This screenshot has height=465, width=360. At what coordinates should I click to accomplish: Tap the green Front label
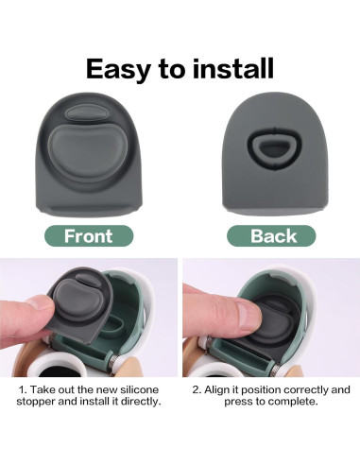pyautogui.click(x=88, y=236)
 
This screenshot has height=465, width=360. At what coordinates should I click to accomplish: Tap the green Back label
pyautogui.click(x=273, y=236)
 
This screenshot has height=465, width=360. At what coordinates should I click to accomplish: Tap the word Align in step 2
pyautogui.click(x=223, y=389)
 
